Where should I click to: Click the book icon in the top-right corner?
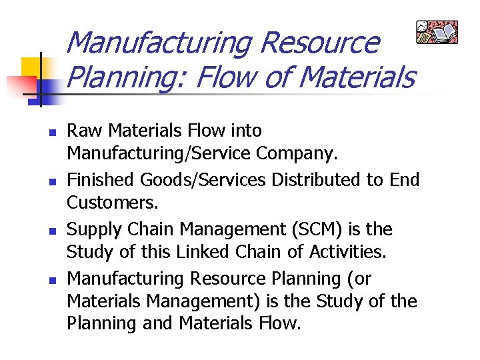[437, 31]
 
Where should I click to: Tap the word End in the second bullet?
[403, 180]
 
